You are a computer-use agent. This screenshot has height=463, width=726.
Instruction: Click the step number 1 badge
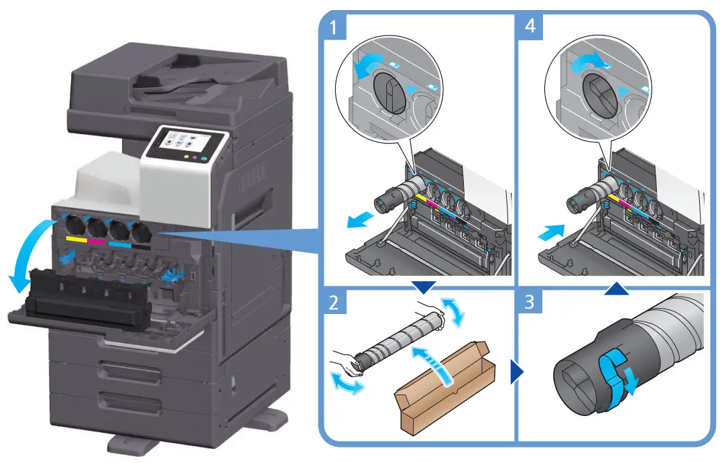coord(333,29)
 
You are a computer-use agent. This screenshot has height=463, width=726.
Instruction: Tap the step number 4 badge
coord(530,29)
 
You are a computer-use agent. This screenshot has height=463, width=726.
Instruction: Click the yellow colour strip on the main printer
coord(76,240)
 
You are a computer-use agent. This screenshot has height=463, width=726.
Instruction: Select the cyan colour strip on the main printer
coord(120,244)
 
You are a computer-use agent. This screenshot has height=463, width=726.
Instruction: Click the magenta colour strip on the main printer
coord(97,242)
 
